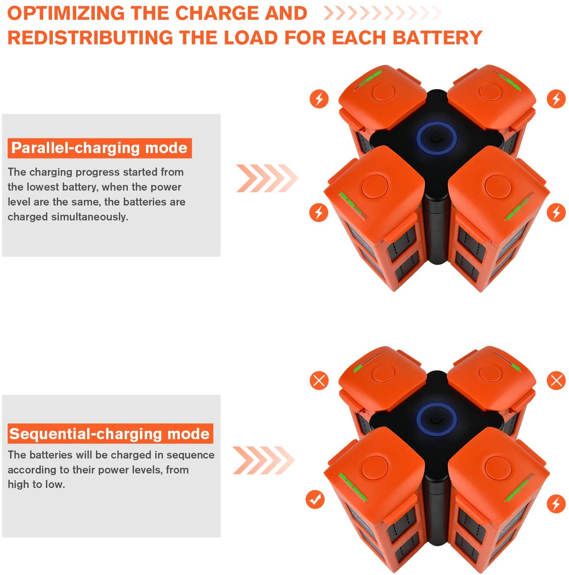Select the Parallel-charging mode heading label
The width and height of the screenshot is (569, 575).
coord(100,148)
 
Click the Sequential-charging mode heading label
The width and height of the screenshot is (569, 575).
coord(110,434)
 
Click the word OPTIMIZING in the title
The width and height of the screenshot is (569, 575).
coord(66,13)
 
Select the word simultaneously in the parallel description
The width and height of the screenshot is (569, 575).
coord(90,217)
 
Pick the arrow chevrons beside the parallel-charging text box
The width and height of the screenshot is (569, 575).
coord(267,178)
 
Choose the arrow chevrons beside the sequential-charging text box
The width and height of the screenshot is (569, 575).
coord(263,460)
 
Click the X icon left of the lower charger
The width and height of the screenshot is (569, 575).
coord(319,381)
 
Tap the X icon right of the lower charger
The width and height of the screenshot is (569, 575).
coord(556,381)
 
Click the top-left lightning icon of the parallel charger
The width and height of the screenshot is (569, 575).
coord(319,99)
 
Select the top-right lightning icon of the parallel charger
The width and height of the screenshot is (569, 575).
coord(556,99)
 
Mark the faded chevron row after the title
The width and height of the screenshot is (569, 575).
coord(382,13)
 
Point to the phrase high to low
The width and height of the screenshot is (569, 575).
coord(36,484)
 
